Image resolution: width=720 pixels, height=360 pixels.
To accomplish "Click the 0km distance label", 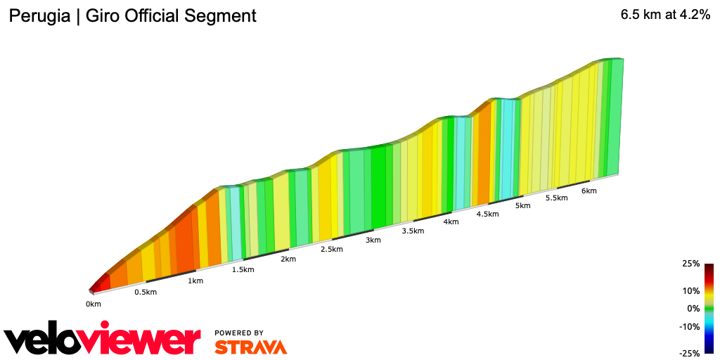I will tap(94, 304).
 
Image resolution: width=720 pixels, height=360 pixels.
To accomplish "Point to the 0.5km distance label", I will tap(146, 292).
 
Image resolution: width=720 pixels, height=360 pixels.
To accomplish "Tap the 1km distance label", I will tap(195, 281).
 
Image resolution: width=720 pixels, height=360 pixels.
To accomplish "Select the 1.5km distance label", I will tap(243, 270).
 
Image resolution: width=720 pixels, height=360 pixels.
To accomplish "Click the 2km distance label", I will tap(288, 259).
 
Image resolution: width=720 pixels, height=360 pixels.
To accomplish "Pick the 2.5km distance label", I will tap(332, 250).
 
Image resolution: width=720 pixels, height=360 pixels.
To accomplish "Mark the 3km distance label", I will tap(373, 240).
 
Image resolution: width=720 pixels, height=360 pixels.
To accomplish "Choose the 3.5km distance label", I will tap(413, 231).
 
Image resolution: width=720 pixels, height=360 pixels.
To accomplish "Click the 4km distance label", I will tap(451, 222).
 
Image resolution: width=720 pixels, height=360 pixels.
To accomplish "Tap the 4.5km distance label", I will tap(487, 214).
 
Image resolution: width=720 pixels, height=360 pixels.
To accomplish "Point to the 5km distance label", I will tap(522, 206).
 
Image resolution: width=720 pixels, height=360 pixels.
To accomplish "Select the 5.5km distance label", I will tap(556, 198).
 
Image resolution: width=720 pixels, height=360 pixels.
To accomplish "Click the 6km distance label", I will tap(589, 191).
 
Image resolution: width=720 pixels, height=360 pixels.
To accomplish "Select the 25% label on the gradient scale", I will tap(690, 264).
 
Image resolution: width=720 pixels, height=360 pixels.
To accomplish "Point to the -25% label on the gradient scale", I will tap(689, 353).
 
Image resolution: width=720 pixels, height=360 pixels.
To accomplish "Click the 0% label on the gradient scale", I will tap(693, 308).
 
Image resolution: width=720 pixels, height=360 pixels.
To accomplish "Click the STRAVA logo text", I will tap(250, 347).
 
